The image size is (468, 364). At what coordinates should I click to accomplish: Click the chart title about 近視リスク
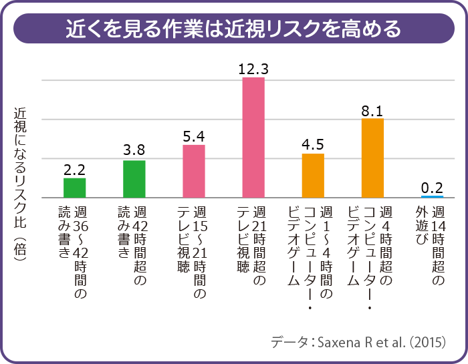tap(233, 29)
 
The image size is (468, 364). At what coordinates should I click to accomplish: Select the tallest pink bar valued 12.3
tap(253, 137)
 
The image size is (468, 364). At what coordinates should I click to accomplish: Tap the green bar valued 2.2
tap(75, 188)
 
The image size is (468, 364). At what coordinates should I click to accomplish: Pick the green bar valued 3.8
tap(134, 179)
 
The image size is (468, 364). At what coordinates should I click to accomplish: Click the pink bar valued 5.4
tap(194, 171)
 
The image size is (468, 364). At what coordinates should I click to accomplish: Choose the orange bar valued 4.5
tap(313, 176)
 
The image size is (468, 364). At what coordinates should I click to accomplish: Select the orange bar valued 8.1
tap(372, 158)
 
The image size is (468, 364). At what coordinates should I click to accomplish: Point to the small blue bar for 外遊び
tap(432, 196)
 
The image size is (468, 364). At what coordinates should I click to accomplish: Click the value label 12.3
tap(253, 68)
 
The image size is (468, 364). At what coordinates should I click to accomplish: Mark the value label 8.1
tap(372, 110)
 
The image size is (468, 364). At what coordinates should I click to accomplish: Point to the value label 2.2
tap(75, 170)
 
